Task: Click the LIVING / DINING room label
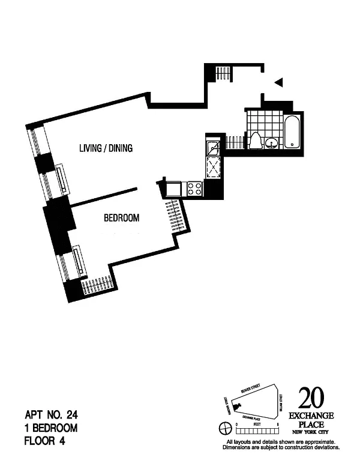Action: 106,148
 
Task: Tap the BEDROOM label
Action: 122,218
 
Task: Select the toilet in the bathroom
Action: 256,140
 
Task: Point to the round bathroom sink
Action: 272,143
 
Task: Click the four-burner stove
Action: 194,190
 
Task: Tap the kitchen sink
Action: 213,148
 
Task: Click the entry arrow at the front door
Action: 278,82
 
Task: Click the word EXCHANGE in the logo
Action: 311,416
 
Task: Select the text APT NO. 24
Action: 52,414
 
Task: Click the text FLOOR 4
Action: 44,441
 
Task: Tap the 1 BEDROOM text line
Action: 51,428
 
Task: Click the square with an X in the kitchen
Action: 213,166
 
